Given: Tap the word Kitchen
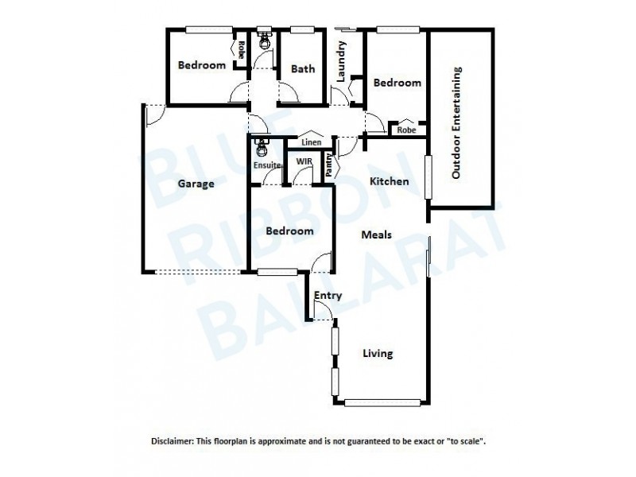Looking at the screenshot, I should (390, 181).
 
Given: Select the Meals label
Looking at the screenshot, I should (375, 235).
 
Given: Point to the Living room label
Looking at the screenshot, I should (378, 354).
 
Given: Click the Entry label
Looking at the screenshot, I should (328, 296).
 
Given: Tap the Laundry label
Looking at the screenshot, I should (341, 62).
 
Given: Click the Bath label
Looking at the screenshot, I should (302, 69).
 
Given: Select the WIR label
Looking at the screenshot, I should (303, 161).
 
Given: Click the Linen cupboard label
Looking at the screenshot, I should (311, 142).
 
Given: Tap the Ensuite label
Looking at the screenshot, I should (266, 165).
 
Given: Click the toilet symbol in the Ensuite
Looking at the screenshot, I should (261, 146).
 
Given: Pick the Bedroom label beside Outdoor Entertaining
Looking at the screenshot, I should (397, 83).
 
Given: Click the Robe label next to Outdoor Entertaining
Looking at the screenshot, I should (406, 130).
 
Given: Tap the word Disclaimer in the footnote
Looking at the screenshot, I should (173, 440).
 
